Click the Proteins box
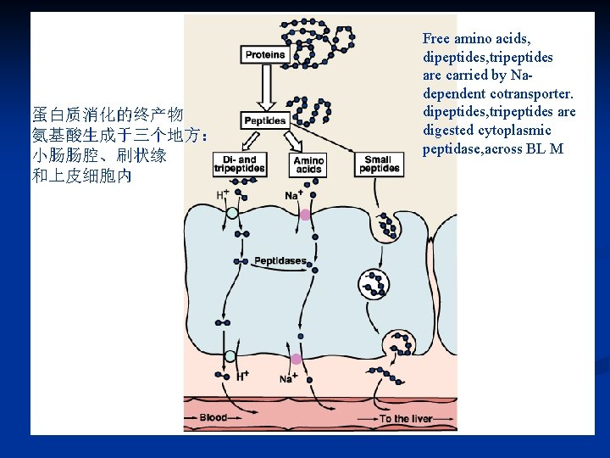(x=265, y=55)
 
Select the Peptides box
(x=265, y=120)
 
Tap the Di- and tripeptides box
(x=240, y=164)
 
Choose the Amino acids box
(x=308, y=165)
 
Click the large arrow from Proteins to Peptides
(x=265, y=88)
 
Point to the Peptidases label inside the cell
(x=280, y=260)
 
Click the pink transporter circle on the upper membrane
(x=305, y=215)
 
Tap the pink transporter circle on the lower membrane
(x=296, y=360)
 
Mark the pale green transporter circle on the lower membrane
(x=230, y=357)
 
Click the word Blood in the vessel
(x=213, y=417)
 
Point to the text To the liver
(x=406, y=419)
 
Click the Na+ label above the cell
(x=294, y=195)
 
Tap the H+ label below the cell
(x=242, y=376)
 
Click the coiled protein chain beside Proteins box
(x=322, y=38)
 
